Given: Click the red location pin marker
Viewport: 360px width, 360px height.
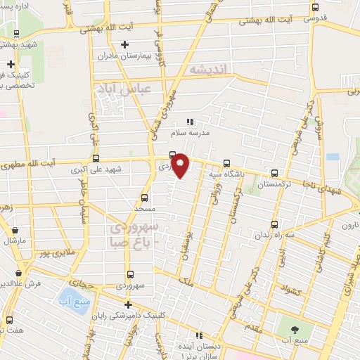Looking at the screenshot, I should tap(181, 165).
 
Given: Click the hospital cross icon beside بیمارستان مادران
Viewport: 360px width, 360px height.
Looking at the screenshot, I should tap(124, 45).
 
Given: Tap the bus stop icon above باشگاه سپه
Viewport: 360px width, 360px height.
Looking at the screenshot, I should tap(225, 162).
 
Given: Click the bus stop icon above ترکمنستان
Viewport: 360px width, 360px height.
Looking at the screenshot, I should tap(274, 172).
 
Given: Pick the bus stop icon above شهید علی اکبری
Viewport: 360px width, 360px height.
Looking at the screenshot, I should tap(96, 158).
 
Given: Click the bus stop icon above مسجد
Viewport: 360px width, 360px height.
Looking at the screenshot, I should tap(145, 198).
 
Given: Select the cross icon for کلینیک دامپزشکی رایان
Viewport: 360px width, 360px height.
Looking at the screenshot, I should tap(127, 304).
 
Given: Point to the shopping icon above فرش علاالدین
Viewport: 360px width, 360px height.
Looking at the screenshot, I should tap(18, 273).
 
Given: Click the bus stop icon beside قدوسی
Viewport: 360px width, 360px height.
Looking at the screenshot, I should tap(314, 9).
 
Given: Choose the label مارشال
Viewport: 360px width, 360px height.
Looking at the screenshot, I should tap(15, 240).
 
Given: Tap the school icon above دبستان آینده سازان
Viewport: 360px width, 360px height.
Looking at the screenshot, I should tap(199, 335).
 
